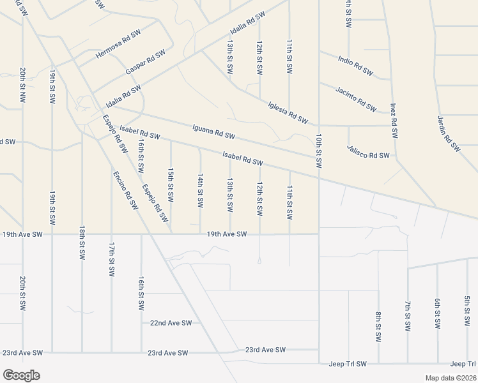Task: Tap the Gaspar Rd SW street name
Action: coord(146,60)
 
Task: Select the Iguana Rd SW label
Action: coord(214,131)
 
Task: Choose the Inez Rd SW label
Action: coord(394,120)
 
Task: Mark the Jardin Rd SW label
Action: coord(449,133)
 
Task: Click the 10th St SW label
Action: coord(318,151)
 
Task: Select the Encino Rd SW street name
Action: coord(125,190)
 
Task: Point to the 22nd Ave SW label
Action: coord(171,323)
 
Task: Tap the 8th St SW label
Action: coord(378,327)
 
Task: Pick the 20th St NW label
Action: coord(22,86)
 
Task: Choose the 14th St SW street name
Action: coord(200,190)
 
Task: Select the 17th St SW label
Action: coord(111,259)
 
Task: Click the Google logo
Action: coord(21,375)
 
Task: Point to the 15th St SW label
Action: coord(171,185)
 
